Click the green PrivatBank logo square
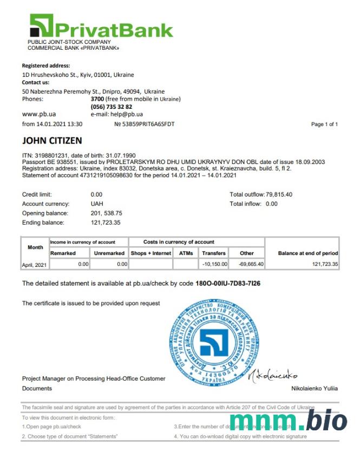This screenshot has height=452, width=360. [41, 25]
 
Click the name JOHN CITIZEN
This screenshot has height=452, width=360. [52, 141]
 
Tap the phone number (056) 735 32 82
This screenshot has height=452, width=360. [112, 107]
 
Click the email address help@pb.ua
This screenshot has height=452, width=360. [125, 114]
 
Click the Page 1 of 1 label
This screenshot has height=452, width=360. [324, 125]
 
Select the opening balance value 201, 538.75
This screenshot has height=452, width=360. [107, 213]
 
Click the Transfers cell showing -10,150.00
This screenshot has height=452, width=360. [214, 264]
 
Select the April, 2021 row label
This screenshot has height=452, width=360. [35, 265]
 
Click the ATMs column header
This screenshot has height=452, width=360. [183, 253]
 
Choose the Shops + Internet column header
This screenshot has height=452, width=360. [150, 253]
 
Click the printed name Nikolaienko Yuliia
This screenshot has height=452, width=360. [314, 389]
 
